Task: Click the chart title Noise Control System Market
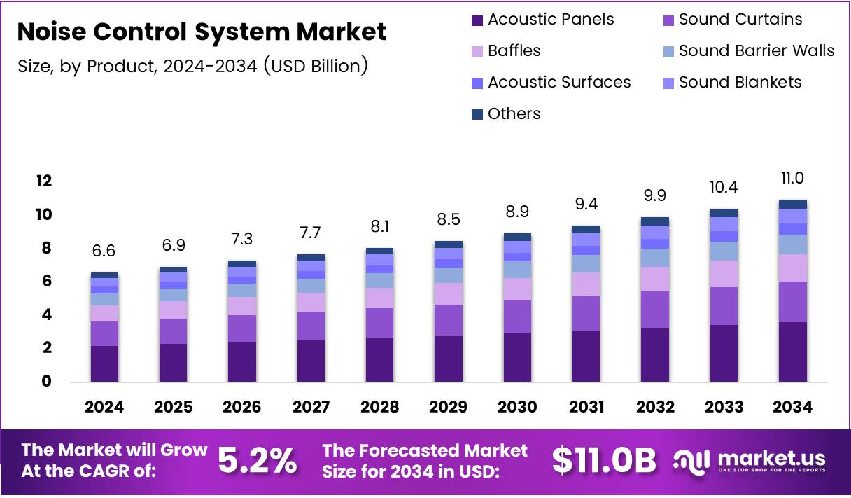coord(201,32)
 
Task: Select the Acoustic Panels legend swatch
coord(478,20)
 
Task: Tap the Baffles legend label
coord(514,50)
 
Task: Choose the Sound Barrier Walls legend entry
coord(757,50)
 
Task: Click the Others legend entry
coord(514,113)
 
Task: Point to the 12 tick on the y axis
coord(44,181)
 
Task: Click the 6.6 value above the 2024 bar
coord(105,251)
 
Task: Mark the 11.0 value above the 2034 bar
coord(793,178)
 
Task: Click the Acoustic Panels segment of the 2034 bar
coord(793,352)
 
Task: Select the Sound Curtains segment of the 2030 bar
coord(517,317)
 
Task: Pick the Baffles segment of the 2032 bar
coord(655,279)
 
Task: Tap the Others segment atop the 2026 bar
coord(241,263)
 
